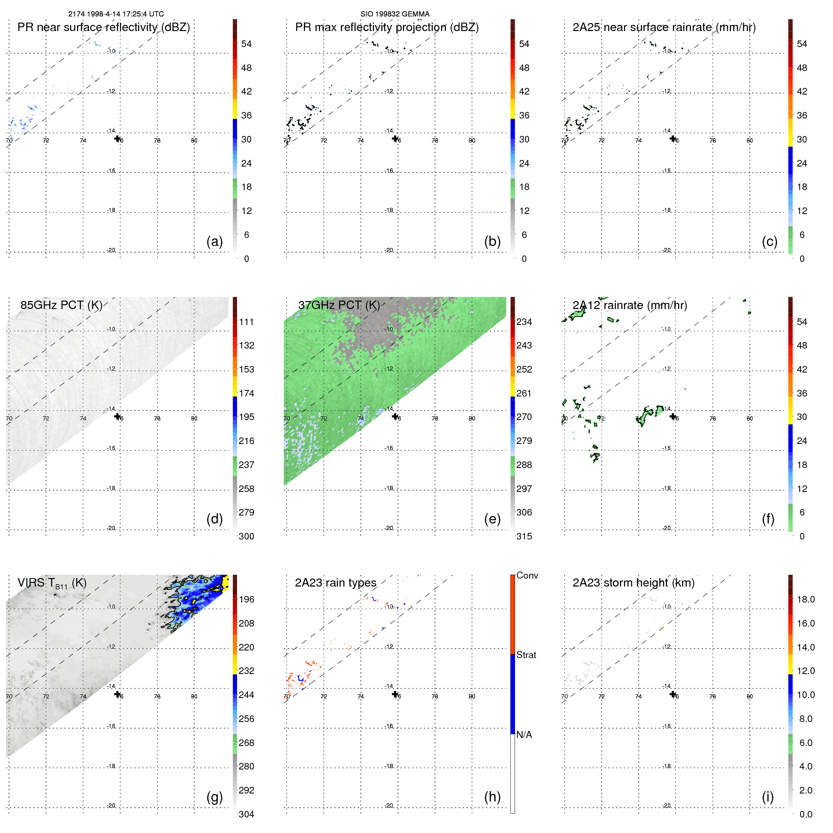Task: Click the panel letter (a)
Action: coord(214,242)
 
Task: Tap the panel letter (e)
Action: coord(492,519)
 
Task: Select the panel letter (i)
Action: coord(768,797)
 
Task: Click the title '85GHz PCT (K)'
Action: coord(61,305)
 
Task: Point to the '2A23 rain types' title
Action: coord(335,583)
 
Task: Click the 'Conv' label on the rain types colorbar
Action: coord(527,575)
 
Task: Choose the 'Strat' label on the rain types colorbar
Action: coord(526,655)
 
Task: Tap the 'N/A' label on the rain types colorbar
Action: coord(524,735)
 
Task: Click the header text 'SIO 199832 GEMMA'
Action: coord(395,14)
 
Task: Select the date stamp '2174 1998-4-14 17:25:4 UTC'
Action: coord(116,14)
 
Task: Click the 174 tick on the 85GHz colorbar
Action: coord(246,393)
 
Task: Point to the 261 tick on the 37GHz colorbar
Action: coord(524,393)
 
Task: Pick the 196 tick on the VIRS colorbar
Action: coord(246,599)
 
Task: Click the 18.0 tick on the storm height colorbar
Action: coord(806,599)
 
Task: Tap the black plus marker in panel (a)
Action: coord(118,138)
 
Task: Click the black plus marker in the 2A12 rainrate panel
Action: coord(673,416)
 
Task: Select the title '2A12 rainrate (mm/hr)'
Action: coord(630,305)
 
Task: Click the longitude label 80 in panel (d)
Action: coord(194,419)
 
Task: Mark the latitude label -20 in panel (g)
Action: coord(111,806)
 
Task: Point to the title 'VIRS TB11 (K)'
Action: coord(52,583)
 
